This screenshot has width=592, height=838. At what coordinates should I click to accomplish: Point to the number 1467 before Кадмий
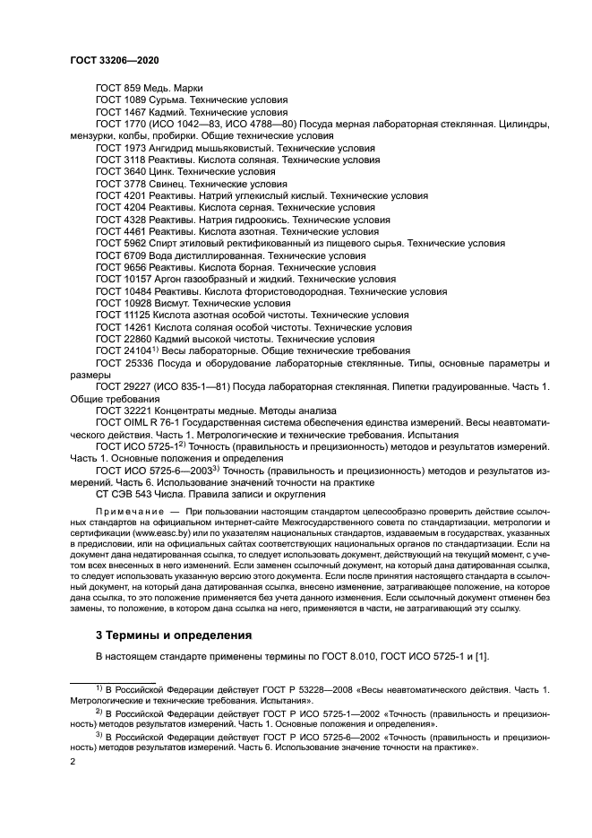click(134, 112)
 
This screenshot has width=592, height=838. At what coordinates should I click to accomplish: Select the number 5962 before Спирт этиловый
click(134, 242)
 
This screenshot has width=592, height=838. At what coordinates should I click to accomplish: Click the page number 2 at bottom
click(73, 761)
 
